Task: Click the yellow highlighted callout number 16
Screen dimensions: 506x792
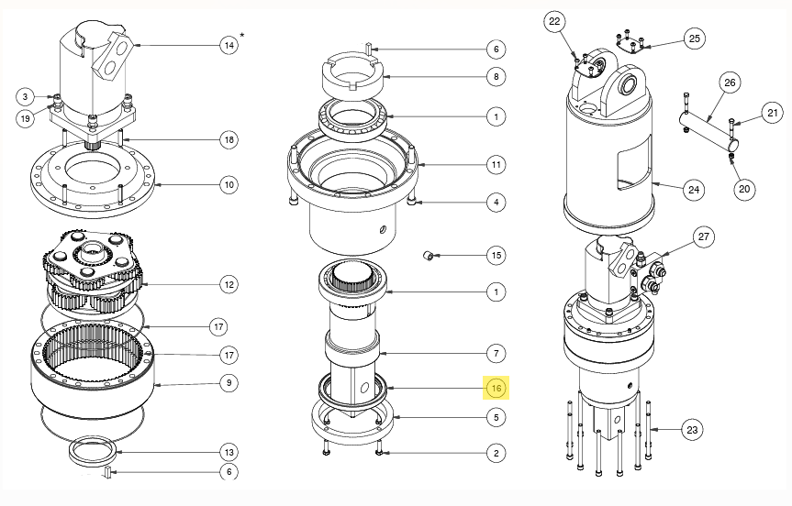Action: (x=496, y=388)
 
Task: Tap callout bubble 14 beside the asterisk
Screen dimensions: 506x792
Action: (x=229, y=44)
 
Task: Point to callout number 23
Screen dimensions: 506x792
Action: (x=691, y=429)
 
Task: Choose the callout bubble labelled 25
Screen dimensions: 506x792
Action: (x=694, y=38)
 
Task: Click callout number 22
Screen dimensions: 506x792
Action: (x=554, y=21)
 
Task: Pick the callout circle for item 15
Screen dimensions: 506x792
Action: (x=496, y=254)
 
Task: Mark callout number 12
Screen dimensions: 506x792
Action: (x=229, y=285)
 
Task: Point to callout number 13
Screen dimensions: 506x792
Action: (x=229, y=451)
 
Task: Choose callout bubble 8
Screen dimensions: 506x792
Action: (x=496, y=76)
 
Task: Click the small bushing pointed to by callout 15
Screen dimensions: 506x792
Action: (x=427, y=253)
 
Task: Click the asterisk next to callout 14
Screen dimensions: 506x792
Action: (x=242, y=35)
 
